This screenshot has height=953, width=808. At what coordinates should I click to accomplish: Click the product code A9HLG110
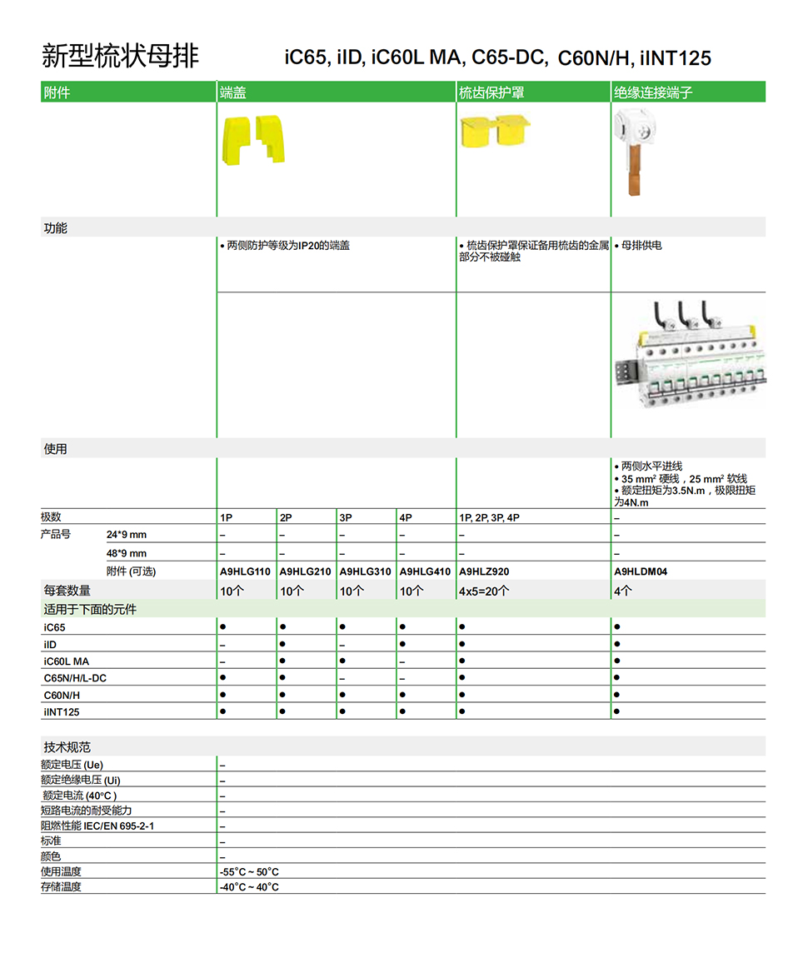pos(245,571)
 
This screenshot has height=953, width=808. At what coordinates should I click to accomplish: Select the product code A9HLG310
pos(365,571)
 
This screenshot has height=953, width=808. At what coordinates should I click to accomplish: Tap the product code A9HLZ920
pos(484,571)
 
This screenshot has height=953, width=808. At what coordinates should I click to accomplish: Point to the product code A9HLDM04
pos(641,571)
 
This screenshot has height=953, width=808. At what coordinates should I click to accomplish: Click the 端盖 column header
pos(232,92)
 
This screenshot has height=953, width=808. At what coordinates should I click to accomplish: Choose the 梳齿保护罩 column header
pos(491,92)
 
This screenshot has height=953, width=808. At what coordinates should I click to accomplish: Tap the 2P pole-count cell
pos(286,517)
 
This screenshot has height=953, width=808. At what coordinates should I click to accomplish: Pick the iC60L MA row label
pos(67,661)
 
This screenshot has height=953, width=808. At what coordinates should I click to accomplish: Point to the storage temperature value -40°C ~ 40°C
pos(249,887)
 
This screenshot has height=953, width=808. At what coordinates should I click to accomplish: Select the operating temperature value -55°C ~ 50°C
pos(249,872)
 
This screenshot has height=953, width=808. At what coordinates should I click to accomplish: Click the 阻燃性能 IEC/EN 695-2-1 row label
pos(97,826)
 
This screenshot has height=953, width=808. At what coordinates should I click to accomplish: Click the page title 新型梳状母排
pos(120,56)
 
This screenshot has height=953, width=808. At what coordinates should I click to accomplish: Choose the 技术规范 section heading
pos(67,747)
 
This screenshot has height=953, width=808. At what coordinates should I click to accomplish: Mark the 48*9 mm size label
pos(126,553)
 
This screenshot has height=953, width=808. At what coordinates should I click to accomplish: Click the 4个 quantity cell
pos(623,591)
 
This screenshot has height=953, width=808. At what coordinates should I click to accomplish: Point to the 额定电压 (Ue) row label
pos(72,765)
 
